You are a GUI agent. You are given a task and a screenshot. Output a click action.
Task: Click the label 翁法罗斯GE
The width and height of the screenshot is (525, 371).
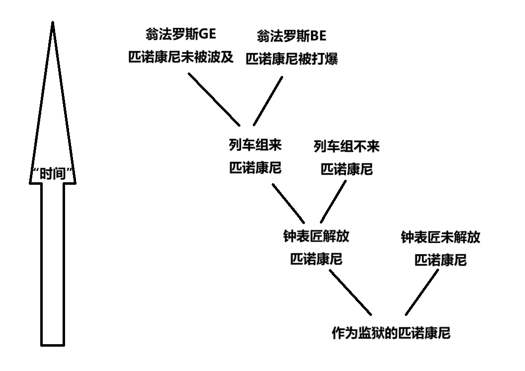[x=181, y=34]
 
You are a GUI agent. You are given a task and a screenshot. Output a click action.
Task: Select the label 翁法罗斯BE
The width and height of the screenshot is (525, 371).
[x=292, y=36]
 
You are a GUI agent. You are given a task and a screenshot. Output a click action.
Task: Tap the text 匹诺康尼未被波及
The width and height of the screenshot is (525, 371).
[x=181, y=57]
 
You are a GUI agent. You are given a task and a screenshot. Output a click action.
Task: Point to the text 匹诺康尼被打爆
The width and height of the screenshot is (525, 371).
[x=292, y=59]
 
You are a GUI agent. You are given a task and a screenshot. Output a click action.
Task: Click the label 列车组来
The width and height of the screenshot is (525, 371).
[x=255, y=145]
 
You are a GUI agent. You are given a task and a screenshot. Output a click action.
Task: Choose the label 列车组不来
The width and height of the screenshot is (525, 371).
[x=347, y=147]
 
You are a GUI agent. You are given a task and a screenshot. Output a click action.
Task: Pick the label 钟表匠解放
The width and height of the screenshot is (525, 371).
[x=316, y=236]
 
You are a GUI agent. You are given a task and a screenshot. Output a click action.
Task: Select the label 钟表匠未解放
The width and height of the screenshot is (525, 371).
[x=441, y=237]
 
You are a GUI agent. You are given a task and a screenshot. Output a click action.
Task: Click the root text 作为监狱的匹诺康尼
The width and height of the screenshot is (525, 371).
[x=391, y=333]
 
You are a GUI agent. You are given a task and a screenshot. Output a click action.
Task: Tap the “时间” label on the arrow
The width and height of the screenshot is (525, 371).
[x=53, y=174]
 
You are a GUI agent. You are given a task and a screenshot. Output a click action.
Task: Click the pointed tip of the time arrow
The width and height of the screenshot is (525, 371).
[x=53, y=22]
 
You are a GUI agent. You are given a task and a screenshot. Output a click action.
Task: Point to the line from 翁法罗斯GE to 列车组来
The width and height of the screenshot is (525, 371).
[x=214, y=99]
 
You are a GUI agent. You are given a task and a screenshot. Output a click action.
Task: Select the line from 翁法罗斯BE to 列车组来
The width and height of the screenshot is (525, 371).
[x=268, y=101]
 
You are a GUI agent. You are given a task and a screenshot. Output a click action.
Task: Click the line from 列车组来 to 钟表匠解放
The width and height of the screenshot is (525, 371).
[x=288, y=203]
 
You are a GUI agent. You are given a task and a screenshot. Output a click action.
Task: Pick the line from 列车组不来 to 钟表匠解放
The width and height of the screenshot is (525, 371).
[x=333, y=202]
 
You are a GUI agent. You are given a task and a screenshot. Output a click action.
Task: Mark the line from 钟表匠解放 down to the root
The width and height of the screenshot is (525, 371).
[x=350, y=293]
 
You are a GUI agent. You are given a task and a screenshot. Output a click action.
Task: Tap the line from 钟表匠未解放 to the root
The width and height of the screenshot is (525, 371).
[x=422, y=293]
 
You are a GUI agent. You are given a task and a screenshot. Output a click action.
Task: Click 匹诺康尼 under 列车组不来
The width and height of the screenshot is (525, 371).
[x=347, y=169]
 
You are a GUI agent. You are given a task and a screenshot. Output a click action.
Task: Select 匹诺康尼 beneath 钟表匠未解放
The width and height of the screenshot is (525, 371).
[x=441, y=260]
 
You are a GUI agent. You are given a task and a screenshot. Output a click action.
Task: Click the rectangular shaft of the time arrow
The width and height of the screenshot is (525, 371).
[x=53, y=265]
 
